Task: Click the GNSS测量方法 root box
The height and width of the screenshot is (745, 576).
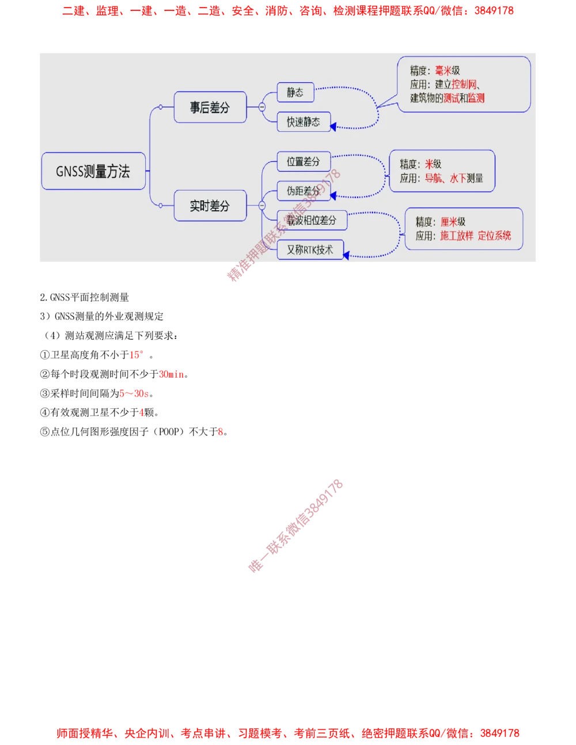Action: click(x=93, y=172)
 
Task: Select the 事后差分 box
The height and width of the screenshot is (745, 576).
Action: click(x=210, y=107)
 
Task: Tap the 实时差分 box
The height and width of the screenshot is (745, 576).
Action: click(x=210, y=206)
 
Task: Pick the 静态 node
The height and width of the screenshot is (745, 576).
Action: click(x=295, y=93)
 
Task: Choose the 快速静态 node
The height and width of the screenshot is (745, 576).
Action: click(x=304, y=122)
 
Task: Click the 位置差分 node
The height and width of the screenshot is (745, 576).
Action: click(x=304, y=162)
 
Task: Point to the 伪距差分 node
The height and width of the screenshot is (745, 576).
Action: click(x=304, y=191)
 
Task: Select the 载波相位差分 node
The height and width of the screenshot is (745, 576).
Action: click(x=312, y=221)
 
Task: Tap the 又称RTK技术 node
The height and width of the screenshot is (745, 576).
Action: click(x=310, y=250)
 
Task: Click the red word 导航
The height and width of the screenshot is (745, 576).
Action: click(x=434, y=178)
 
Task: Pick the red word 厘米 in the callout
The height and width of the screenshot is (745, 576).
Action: click(x=449, y=222)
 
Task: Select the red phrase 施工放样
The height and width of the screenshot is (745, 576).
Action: click(x=457, y=235)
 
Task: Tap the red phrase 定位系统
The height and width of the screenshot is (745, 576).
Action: click(x=494, y=235)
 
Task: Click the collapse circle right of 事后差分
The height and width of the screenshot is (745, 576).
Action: click(x=262, y=107)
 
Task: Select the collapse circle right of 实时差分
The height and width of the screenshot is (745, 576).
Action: click(x=262, y=206)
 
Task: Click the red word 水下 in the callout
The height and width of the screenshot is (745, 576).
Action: click(x=458, y=178)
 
